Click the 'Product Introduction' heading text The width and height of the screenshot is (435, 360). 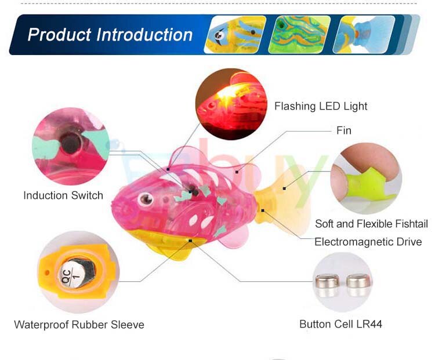click(110, 35)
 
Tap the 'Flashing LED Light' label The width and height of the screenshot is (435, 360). click(321, 106)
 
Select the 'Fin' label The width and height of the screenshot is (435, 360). click(344, 130)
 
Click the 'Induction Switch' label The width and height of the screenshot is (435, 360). click(63, 195)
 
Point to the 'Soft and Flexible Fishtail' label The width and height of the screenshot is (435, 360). click(371, 224)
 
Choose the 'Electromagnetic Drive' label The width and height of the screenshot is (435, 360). click(368, 242)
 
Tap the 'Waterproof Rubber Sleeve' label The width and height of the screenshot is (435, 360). click(79, 325)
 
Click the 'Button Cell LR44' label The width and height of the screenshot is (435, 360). click(340, 324)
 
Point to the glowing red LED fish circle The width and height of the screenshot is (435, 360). click(231, 104)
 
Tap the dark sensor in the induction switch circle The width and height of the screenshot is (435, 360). click(71, 143)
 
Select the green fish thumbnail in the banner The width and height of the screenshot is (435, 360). click(299, 34)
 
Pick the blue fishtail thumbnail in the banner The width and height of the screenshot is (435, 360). click(364, 34)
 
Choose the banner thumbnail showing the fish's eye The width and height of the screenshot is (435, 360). click(235, 34)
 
